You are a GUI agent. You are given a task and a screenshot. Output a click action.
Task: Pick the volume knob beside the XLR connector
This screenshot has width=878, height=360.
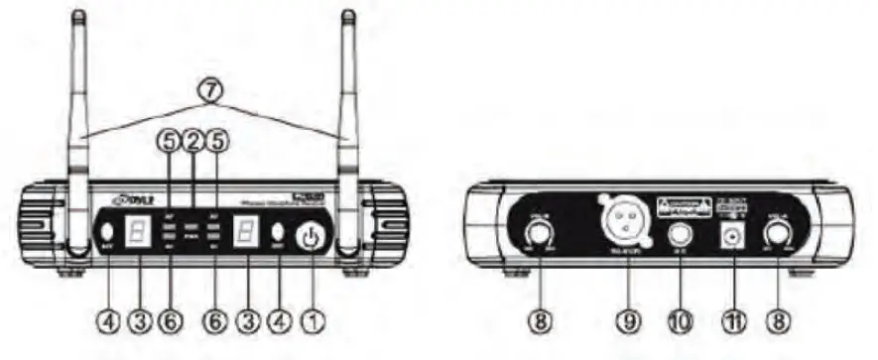pos(540,236)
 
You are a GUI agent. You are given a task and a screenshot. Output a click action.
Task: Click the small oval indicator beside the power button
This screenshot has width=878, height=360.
pos(279,238)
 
